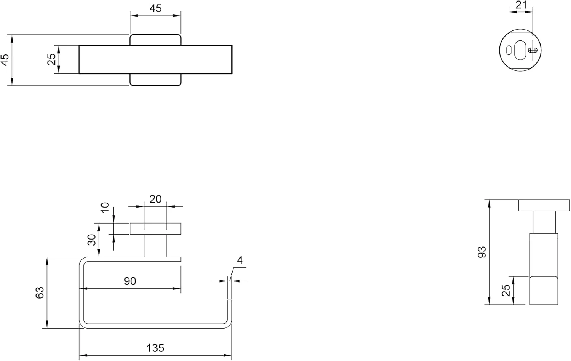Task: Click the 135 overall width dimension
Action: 155,348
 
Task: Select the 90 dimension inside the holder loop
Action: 130,281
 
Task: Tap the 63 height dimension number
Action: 40,292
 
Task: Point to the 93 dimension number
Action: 482,252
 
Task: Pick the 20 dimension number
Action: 155,199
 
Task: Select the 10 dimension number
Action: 105,207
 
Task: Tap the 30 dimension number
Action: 91,240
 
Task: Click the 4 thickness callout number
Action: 239,260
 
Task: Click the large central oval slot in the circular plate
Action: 520,50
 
